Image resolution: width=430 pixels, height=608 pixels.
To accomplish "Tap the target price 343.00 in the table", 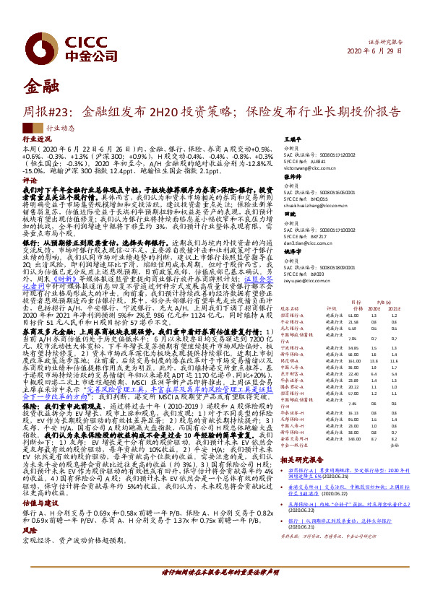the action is click(353, 438).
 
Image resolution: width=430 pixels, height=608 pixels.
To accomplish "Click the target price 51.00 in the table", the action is click(353, 315).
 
